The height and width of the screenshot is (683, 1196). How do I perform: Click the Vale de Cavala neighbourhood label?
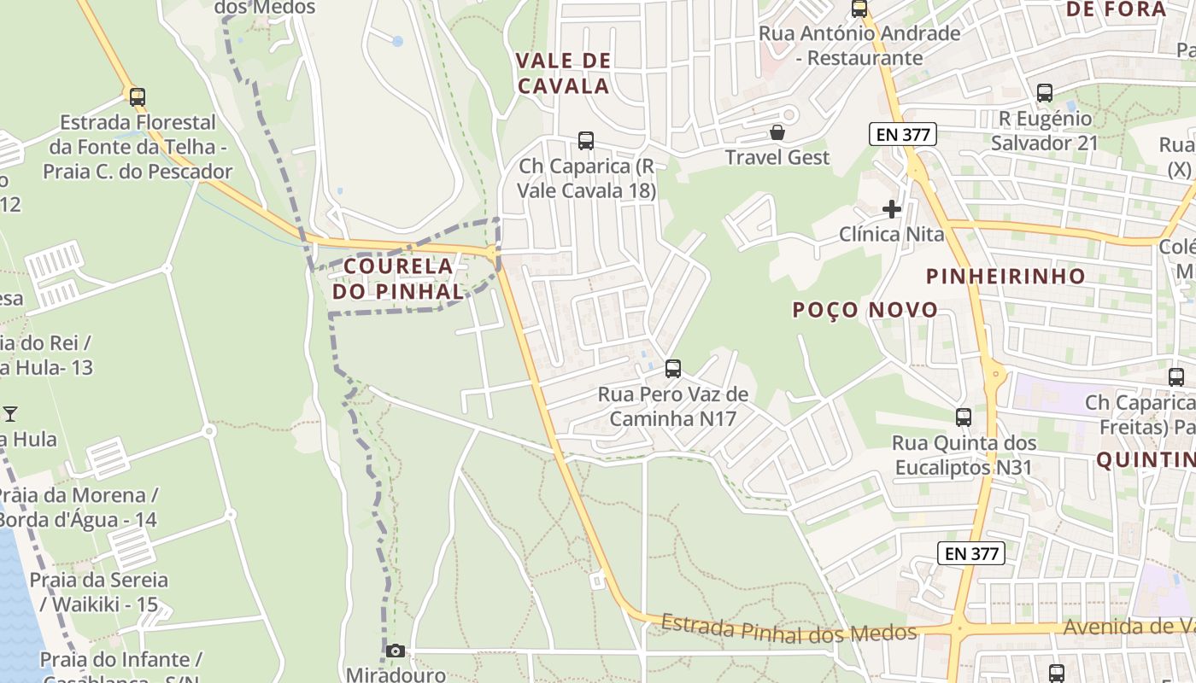coord(564,73)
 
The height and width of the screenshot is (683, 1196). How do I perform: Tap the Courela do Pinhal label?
coord(399,278)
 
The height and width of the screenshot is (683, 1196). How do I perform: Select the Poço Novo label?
coord(865,310)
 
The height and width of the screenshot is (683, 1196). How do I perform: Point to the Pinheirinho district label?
coord(1006,276)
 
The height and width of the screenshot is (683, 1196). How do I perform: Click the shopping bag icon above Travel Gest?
coord(777,132)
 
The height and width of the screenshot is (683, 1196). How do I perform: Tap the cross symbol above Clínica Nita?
coord(892,209)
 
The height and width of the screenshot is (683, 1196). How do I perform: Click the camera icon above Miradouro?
coord(395,651)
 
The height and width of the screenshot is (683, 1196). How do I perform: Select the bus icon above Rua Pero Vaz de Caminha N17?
coord(673,369)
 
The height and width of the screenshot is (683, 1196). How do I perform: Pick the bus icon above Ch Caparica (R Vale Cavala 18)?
coord(586,141)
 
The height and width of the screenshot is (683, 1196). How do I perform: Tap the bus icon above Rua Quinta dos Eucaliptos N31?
coord(964,417)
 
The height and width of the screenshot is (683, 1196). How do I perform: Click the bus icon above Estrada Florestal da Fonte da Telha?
coord(138,97)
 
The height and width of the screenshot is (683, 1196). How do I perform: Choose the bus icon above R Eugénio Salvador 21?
coord(1044,93)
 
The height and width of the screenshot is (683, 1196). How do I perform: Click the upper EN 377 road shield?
coord(904,134)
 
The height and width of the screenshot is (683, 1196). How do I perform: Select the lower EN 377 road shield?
coord(972,553)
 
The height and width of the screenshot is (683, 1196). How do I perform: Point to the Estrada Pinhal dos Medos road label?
coord(789,629)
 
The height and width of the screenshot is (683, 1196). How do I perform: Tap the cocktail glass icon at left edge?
coord(10,414)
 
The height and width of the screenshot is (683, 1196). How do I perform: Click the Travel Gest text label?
coord(777,157)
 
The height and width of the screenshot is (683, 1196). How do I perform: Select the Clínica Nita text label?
coord(892,234)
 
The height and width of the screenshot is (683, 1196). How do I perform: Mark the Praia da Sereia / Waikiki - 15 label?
coord(98,593)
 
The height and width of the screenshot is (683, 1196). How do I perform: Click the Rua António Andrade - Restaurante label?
coord(859,46)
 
